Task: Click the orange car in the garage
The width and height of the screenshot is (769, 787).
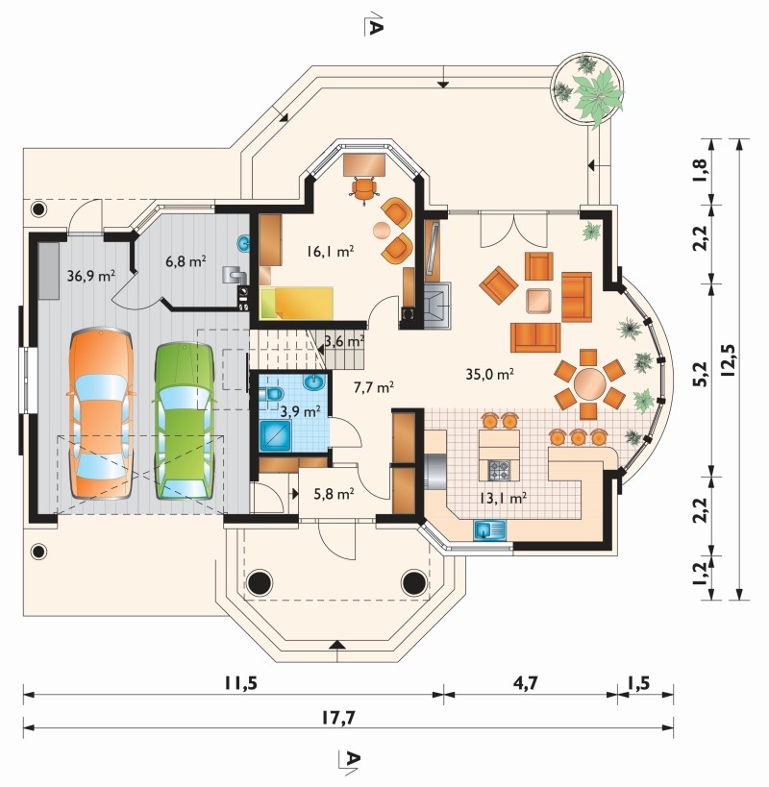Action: [101, 413]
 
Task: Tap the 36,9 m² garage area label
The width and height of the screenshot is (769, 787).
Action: [91, 275]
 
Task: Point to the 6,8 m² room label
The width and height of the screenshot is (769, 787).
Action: [186, 261]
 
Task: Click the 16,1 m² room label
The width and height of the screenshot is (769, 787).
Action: [331, 251]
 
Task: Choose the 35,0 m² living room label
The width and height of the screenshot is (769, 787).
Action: [489, 374]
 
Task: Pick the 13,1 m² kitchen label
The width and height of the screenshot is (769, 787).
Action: [503, 498]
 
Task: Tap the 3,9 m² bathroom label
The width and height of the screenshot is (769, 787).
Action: [300, 411]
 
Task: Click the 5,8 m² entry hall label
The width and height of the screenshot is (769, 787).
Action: [334, 494]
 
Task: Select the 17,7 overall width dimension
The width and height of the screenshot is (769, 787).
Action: [338, 717]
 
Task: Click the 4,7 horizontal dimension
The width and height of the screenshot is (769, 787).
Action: [525, 683]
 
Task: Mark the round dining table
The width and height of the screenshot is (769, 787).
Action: [590, 384]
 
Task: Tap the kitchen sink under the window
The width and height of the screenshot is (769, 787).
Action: [489, 530]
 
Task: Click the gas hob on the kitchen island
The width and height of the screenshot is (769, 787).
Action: [499, 470]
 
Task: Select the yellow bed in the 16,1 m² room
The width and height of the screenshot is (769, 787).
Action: [297, 303]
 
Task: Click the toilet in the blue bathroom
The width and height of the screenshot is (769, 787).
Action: [272, 394]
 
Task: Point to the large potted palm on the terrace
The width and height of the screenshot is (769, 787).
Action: [598, 96]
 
